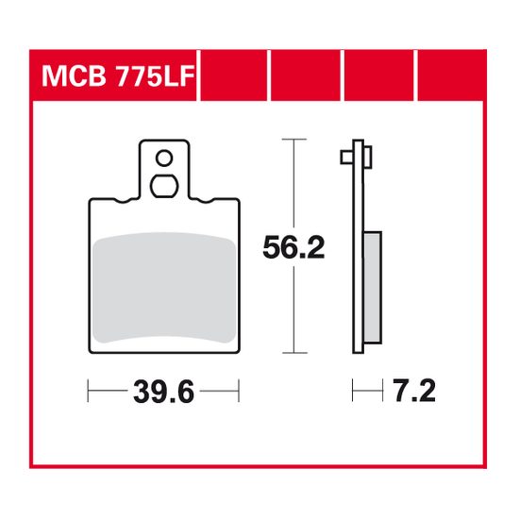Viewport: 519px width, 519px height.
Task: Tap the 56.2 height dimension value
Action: (294, 248)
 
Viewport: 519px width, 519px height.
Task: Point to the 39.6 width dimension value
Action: (163, 390)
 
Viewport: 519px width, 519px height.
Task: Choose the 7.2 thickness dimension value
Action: (412, 390)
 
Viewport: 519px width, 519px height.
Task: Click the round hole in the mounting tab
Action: (164, 158)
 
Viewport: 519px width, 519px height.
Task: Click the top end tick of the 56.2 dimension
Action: (295, 141)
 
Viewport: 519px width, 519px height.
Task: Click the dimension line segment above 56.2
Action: (295, 184)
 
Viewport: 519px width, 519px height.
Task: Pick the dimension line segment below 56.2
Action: (295, 311)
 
